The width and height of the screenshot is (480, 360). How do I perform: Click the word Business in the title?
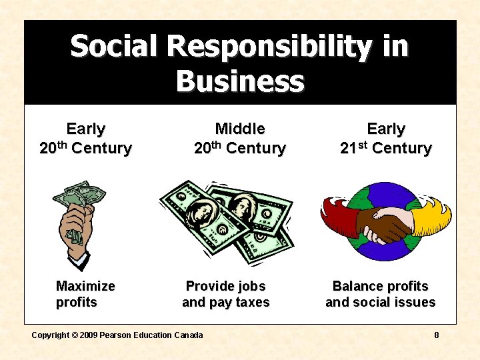coord(240,81)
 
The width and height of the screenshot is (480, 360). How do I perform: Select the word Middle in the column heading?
coord(240,129)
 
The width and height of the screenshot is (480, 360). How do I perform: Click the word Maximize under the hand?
coord(85,286)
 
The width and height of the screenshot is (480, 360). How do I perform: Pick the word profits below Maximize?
coord(77,302)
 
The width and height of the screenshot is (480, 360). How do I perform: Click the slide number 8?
coord(437,335)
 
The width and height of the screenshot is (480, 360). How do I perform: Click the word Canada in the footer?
coord(188,335)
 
